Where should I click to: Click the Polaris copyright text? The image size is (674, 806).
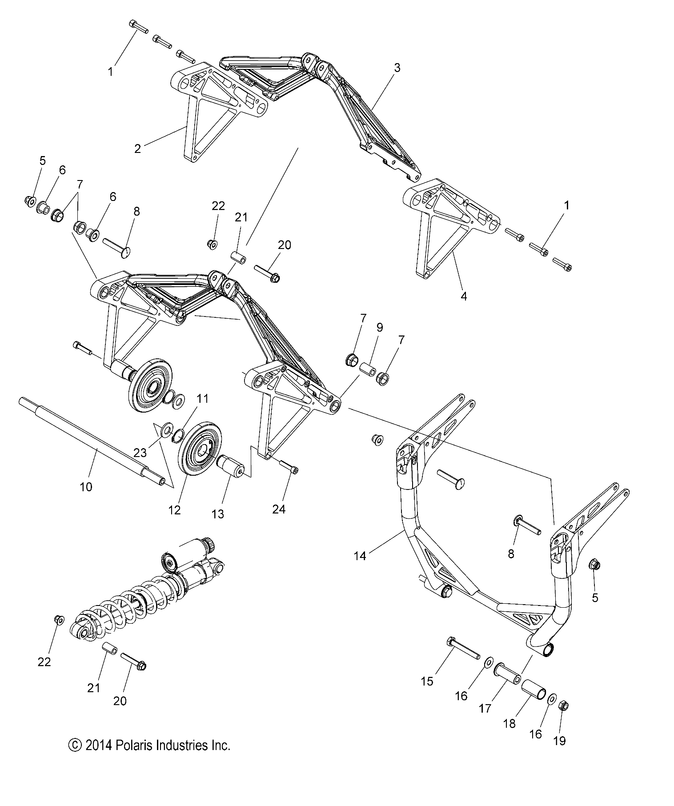[149, 745]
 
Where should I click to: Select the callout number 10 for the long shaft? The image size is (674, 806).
[86, 487]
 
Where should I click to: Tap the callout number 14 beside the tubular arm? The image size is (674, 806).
[360, 555]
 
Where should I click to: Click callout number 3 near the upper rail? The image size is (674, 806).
[397, 68]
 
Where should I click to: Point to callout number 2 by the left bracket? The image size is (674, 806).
[137, 149]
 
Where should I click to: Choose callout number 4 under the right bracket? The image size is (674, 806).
[464, 296]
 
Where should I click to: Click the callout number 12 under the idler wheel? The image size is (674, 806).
[175, 510]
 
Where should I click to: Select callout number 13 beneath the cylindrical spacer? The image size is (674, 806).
[218, 514]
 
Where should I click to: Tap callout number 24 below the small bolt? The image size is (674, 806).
[279, 509]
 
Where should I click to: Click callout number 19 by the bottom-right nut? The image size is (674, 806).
[560, 741]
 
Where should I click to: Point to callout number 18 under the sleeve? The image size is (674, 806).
[509, 723]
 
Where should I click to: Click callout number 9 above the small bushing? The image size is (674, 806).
[379, 328]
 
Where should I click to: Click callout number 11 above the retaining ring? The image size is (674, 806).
[202, 398]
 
